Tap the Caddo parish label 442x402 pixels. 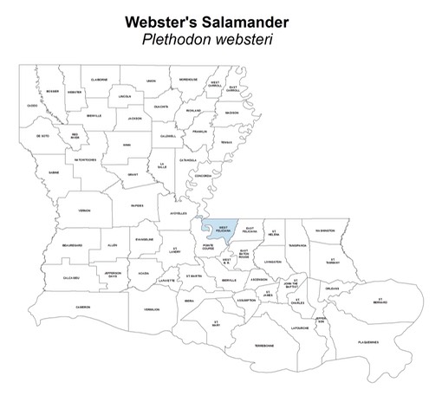(32, 106)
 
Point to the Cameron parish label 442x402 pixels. (83, 306)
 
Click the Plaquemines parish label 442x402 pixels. (367, 342)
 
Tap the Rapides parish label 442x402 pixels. (136, 206)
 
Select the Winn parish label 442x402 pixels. (127, 145)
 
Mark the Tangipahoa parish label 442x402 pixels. (298, 245)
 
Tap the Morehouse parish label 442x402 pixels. (188, 80)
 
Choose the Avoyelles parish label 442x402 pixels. (178, 213)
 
